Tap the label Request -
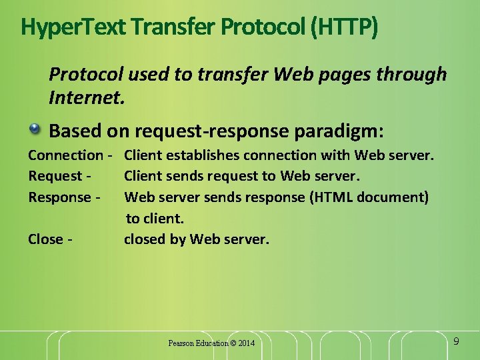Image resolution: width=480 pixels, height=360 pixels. pos(59,176)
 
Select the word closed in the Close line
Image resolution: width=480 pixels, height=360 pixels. pos(143,239)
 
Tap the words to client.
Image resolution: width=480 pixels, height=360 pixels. pos(155,218)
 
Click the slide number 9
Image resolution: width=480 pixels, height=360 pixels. pos(456,341)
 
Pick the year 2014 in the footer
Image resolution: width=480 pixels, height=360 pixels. pos(246,343)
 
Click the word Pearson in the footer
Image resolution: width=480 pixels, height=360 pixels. pos(181,343)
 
